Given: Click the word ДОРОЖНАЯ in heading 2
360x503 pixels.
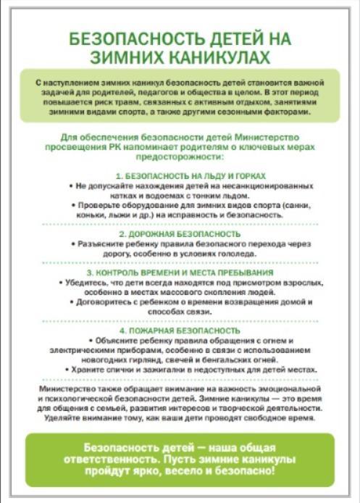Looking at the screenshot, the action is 148,235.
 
